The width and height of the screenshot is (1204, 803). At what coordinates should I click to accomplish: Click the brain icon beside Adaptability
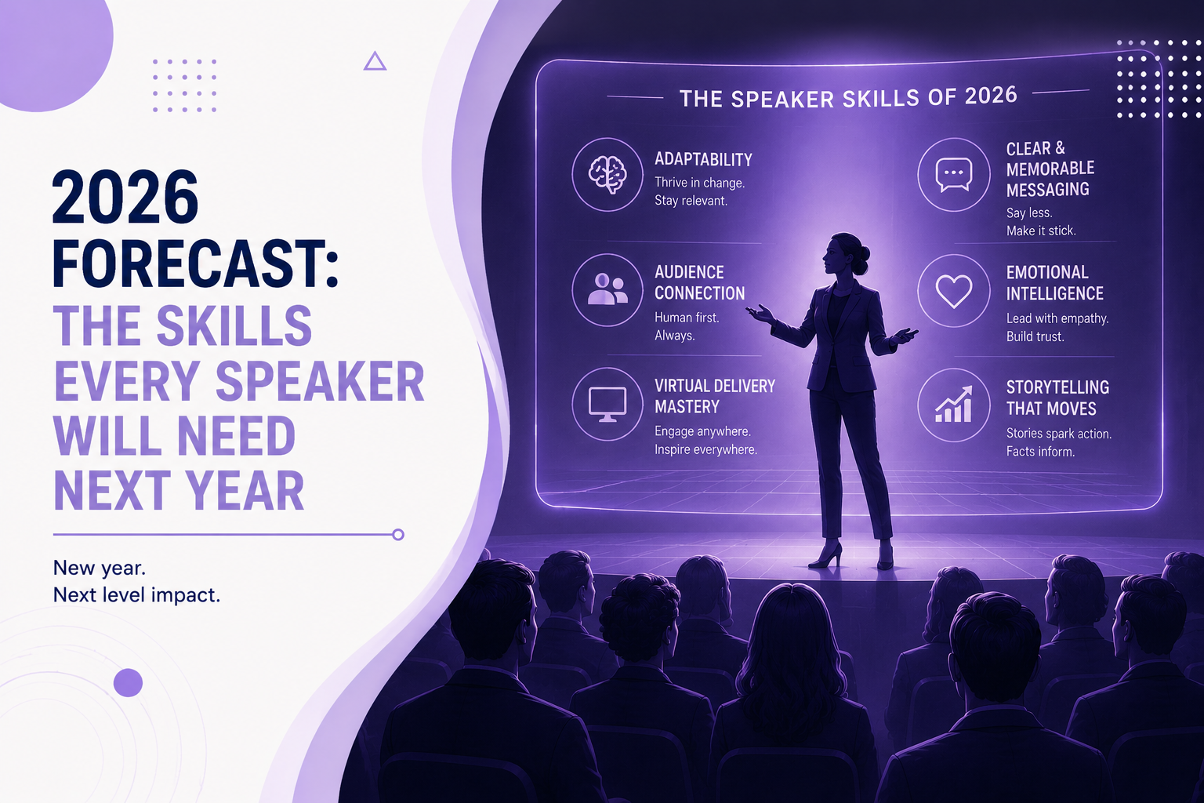pos(607,174)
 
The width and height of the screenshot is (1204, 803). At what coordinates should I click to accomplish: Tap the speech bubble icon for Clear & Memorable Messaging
pos(953,174)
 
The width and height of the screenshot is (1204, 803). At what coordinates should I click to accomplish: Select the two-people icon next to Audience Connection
pos(607,289)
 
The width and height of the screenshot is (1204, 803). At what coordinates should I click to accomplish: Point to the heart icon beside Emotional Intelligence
pos(953,291)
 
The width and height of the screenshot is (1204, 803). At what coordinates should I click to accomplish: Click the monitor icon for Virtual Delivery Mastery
pos(607,404)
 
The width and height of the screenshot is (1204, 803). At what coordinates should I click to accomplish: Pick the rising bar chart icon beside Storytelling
pos(953,405)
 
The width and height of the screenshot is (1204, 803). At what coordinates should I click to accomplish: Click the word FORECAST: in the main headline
pos(195,263)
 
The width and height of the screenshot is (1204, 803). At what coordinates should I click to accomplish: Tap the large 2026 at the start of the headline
pos(125,197)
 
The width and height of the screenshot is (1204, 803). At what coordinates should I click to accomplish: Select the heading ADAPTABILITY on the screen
pos(703,159)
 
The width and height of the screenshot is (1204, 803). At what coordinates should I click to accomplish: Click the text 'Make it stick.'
pos(1041,231)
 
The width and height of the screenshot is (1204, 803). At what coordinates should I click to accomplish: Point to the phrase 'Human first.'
pos(687,318)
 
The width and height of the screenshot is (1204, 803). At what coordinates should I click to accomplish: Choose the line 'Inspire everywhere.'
pos(705,449)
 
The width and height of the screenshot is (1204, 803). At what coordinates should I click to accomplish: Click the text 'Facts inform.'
pos(1040,451)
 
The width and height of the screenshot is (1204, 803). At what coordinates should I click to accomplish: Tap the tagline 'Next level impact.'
pos(136,595)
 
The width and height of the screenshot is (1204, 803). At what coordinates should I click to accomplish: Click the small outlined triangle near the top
pos(375,61)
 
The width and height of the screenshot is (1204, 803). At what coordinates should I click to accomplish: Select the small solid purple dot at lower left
pos(128,682)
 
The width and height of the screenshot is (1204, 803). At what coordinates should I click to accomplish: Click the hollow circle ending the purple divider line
pos(397,534)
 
